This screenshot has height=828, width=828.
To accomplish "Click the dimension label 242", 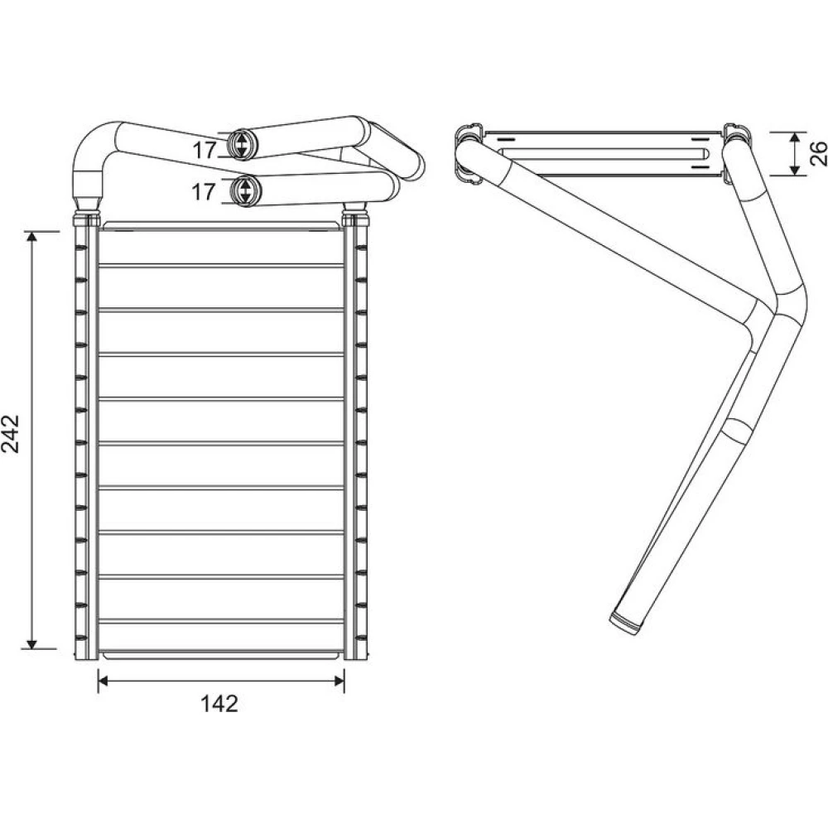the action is [11, 434].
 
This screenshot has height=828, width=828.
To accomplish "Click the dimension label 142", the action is [219, 703].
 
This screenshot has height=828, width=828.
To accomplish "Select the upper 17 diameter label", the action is [204, 151].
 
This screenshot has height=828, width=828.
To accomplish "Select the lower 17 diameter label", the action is [204, 192].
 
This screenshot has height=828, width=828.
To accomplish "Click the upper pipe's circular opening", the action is [240, 143].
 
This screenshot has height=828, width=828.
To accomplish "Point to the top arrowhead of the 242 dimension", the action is [31, 238].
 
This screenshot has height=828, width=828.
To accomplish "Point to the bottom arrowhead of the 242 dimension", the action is [31, 643].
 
